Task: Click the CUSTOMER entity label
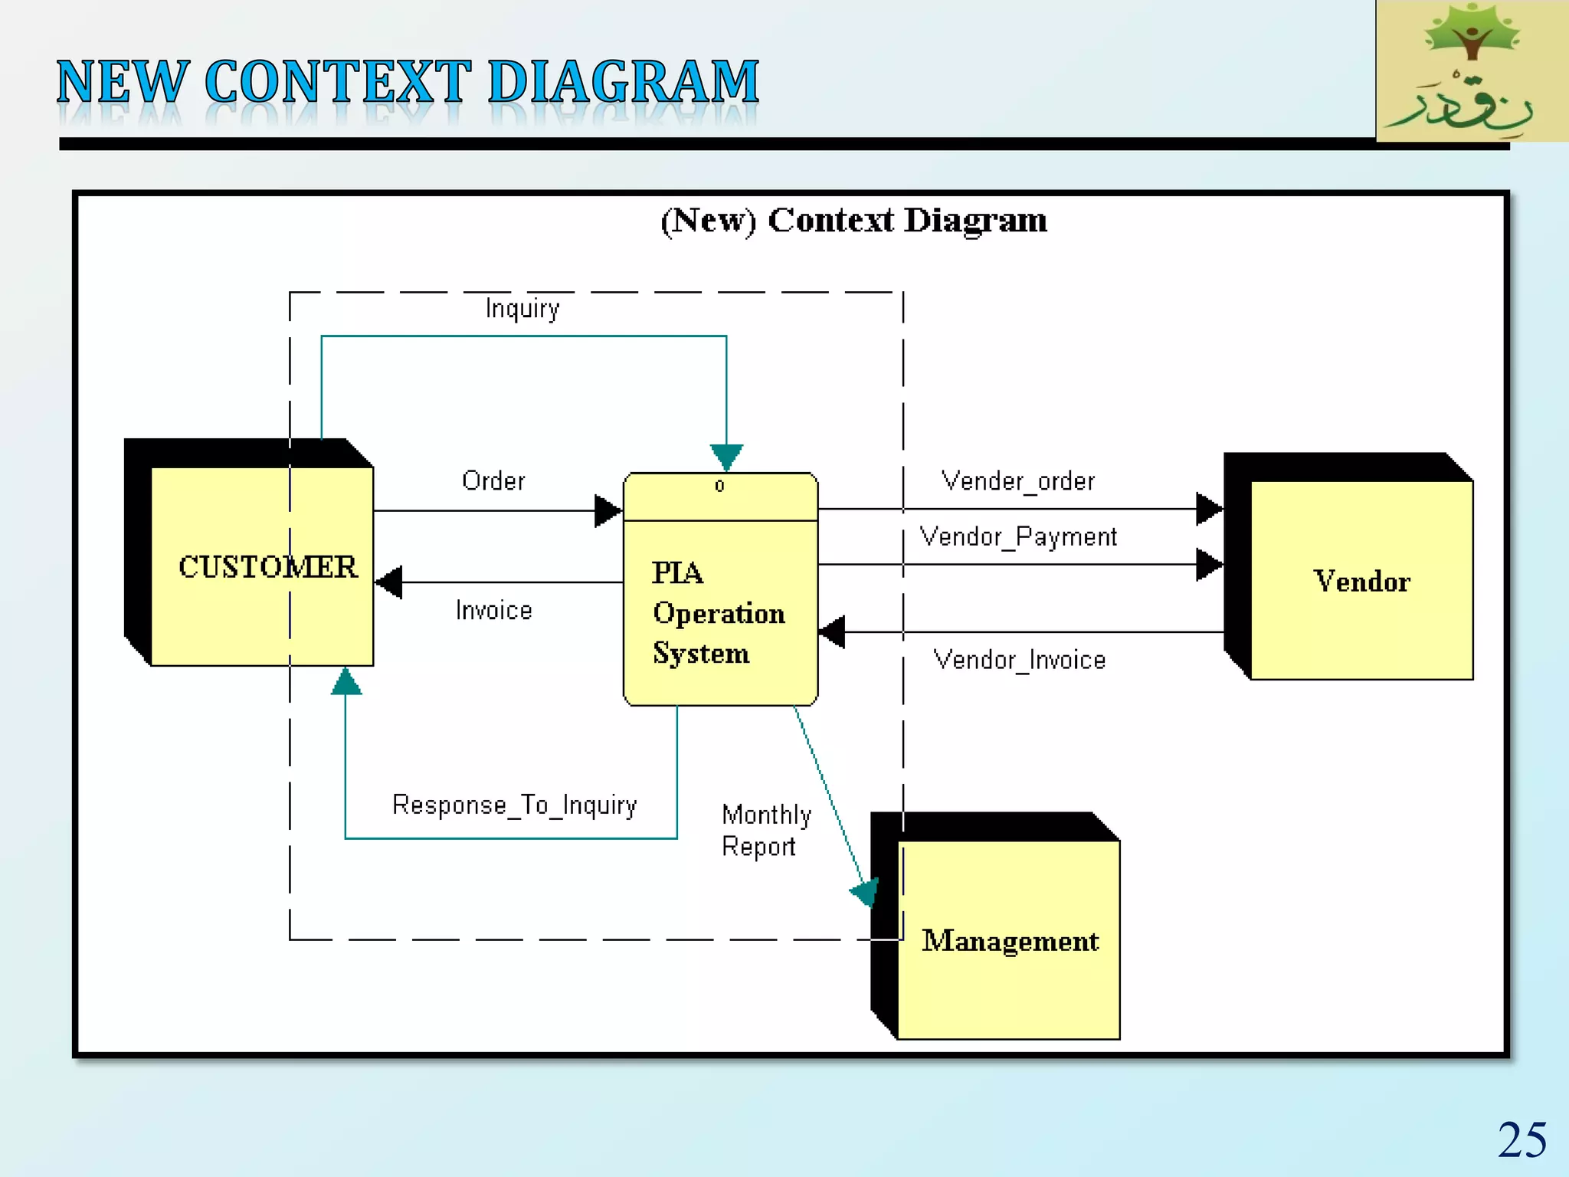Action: [x=267, y=567]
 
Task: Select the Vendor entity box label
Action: [x=1361, y=582]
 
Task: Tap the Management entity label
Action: [x=1010, y=941]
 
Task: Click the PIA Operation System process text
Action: [x=718, y=613]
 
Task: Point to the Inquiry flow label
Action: [x=522, y=309]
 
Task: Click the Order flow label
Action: [x=493, y=481]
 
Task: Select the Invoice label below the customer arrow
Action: [x=493, y=611]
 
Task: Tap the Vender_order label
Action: [x=1017, y=481]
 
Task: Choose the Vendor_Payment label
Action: [x=1017, y=536]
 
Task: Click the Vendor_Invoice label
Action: [x=1019, y=660]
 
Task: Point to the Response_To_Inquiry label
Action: [x=514, y=805]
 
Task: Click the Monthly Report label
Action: [x=765, y=831]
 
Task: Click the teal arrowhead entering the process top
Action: [x=726, y=457]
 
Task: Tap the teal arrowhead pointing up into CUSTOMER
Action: [x=346, y=682]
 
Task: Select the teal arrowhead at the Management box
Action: [x=866, y=892]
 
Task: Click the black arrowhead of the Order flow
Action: [x=608, y=510]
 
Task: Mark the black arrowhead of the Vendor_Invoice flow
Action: [x=832, y=632]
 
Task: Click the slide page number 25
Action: [x=1522, y=1140]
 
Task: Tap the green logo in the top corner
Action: [x=1471, y=70]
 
